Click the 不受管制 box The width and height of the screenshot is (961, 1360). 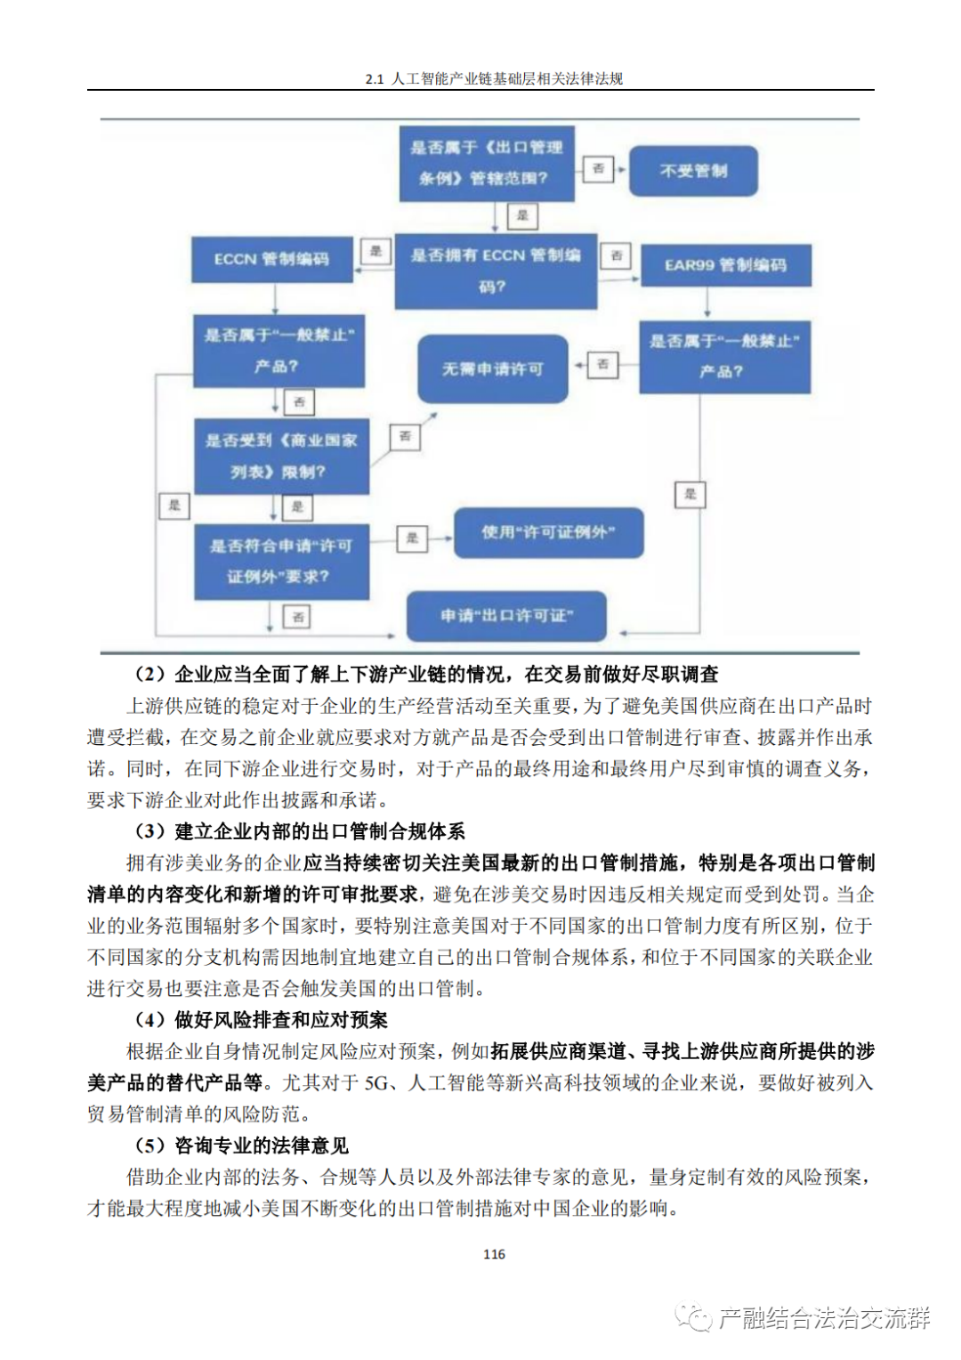[693, 171]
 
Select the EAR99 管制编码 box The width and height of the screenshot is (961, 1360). [725, 265]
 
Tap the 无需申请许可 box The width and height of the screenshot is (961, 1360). [493, 368]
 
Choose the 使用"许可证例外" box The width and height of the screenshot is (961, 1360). [548, 532]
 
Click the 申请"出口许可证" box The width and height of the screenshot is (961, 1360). [506, 616]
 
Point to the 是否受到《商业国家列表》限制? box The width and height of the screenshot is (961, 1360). [281, 456]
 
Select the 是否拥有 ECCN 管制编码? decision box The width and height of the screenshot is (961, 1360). [496, 271]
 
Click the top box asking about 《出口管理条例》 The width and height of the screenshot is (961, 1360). [486, 163]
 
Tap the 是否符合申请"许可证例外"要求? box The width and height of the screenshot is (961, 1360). [281, 561]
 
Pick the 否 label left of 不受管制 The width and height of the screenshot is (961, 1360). [599, 168]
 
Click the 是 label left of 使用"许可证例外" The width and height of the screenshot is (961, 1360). [412, 538]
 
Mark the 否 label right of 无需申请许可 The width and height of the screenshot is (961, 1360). [603, 364]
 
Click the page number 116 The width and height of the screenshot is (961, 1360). [494, 1254]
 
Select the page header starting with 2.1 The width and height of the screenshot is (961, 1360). [494, 78]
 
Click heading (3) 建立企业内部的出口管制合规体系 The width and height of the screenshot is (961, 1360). [300, 831]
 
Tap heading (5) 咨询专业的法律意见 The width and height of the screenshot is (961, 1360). [241, 1145]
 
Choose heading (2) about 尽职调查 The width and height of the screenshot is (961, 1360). [426, 674]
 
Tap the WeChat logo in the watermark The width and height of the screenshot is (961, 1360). [693, 1317]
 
